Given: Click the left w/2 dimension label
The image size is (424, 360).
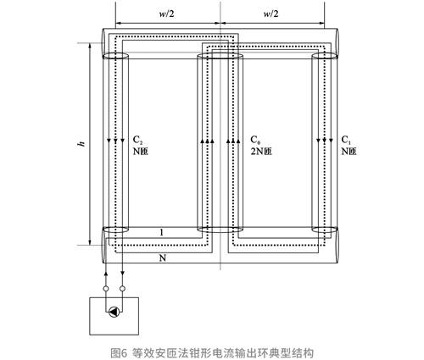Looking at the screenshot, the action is (166, 14).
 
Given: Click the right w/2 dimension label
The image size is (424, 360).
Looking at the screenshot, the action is (271, 14).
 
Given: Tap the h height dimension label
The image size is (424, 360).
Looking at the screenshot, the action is (81, 143).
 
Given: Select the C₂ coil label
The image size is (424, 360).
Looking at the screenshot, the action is (137, 140).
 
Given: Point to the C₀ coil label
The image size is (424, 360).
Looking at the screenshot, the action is (255, 140).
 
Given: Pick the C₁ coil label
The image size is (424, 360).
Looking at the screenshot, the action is (346, 140).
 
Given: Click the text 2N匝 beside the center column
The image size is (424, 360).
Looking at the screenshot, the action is (261, 152).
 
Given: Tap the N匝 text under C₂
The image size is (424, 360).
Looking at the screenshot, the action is (141, 152).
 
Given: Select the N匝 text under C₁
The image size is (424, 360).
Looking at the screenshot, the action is (349, 152).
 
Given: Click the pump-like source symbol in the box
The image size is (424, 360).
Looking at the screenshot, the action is (114, 312).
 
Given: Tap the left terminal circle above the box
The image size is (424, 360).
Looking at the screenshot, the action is (106, 289).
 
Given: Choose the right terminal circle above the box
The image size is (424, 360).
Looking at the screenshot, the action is (122, 289).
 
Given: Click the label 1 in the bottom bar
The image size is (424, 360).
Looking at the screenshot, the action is (162, 233).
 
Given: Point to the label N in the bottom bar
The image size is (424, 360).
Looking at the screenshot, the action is (163, 258).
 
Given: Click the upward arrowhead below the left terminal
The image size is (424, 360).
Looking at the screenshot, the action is (106, 274).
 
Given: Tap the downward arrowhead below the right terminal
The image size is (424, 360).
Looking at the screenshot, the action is (122, 273).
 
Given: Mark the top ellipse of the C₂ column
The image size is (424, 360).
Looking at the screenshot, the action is (115, 53).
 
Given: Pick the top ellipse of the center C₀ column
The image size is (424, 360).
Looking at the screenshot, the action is (220, 53).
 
